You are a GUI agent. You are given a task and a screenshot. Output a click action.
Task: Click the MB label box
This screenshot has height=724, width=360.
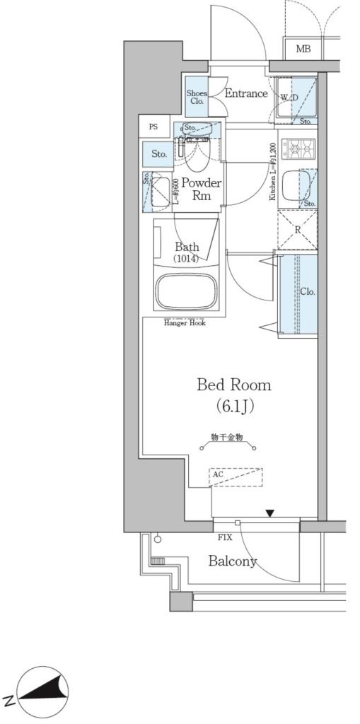click(303, 49)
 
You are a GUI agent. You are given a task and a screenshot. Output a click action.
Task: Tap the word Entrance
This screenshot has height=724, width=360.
click(246, 93)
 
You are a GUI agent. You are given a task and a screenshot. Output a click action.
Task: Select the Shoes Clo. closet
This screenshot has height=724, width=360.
click(197, 98)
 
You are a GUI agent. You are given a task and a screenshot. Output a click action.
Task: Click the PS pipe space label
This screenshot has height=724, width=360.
click(153, 127)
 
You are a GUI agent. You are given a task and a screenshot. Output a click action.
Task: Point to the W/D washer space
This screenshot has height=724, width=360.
click(292, 98)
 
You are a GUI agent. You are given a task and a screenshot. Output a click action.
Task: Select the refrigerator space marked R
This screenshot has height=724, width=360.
click(297, 230)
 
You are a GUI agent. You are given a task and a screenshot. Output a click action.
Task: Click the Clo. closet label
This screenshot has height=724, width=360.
click(307, 291)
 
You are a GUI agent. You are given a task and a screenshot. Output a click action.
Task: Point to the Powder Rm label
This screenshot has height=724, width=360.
click(202, 189)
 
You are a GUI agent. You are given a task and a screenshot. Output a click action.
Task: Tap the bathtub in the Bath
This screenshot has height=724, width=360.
click(187, 289)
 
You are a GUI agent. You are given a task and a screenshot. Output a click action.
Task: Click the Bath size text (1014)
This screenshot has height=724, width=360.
click(187, 259)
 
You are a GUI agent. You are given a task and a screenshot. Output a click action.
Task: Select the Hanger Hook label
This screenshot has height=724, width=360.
click(185, 323)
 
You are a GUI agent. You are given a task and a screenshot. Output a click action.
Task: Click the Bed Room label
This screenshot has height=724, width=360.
click(233, 385)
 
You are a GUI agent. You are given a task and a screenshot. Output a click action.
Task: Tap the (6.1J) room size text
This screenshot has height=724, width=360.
click(234, 407)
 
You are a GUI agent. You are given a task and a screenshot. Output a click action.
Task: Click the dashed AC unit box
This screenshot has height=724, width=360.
click(236, 477)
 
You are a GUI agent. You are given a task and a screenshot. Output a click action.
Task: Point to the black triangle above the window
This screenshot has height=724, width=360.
click(269, 513)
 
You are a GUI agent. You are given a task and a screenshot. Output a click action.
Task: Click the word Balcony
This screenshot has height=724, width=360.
click(233, 562)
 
